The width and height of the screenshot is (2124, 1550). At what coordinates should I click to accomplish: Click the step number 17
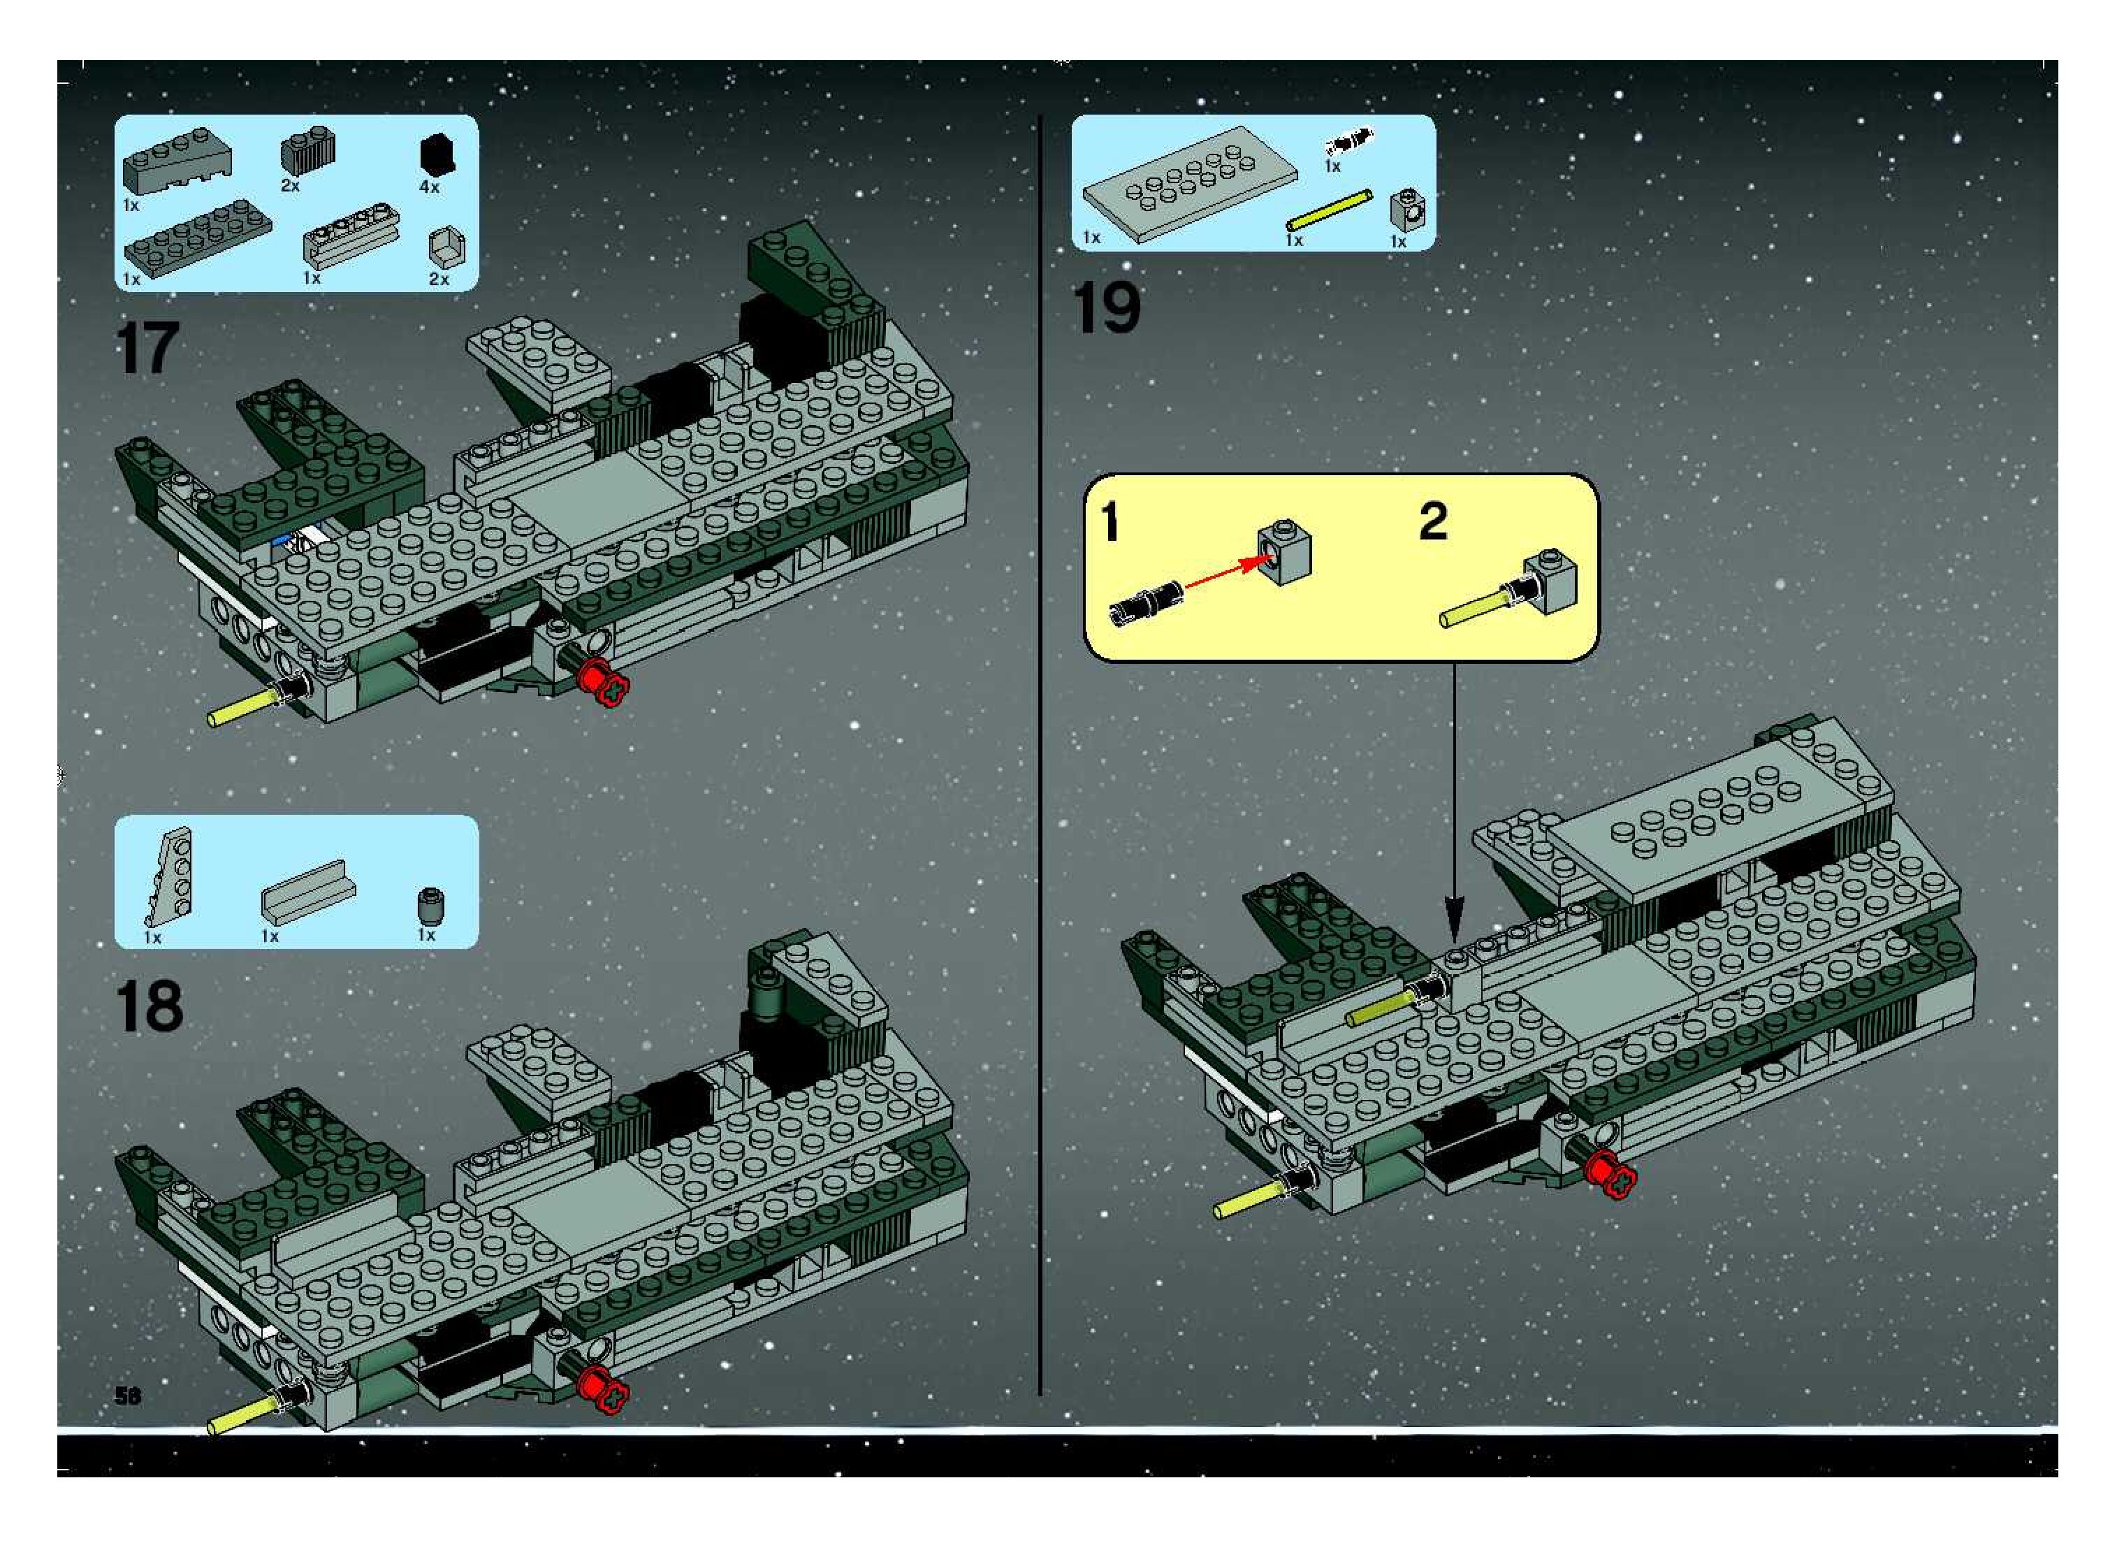pos(147,348)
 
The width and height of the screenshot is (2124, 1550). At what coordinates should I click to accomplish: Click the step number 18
pos(149,1007)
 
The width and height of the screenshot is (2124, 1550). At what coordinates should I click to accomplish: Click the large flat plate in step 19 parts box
pos(1190,183)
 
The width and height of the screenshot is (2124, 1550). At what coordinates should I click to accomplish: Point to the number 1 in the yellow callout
pos(1110,521)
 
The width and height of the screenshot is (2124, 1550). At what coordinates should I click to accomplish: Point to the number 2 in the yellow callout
pos(1432,521)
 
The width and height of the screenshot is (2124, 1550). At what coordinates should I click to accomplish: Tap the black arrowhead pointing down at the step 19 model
pos(1453,915)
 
